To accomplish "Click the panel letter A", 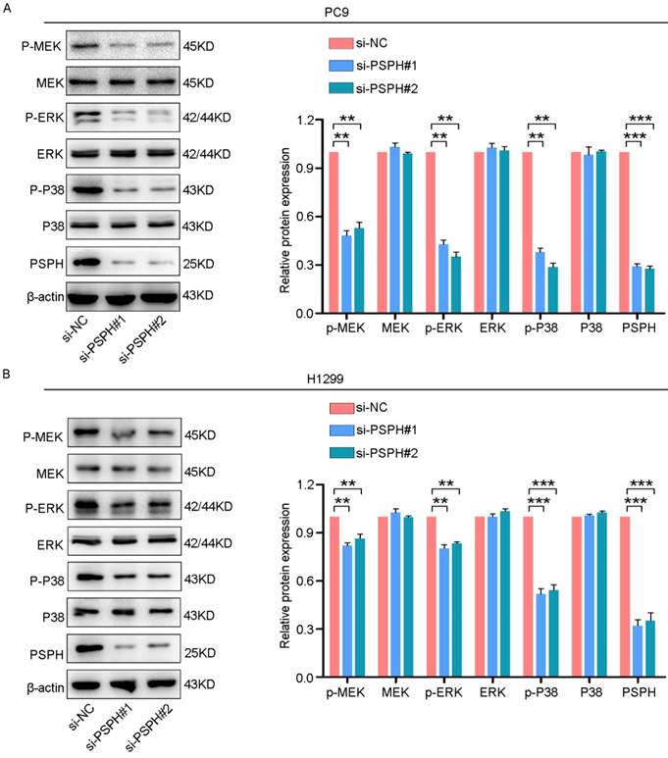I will pyautogui.click(x=9, y=8).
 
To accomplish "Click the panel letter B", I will pyautogui.click(x=9, y=375).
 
